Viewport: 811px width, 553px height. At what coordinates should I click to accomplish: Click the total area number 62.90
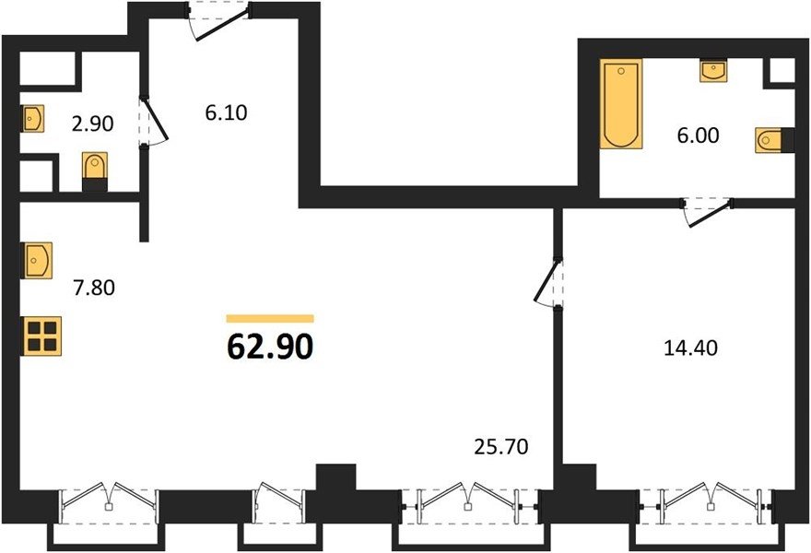click(270, 346)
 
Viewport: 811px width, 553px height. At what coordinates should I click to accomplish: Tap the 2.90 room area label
click(92, 124)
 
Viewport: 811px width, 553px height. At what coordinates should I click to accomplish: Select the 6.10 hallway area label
click(226, 112)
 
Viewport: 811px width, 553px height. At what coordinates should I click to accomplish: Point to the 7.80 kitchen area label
click(94, 288)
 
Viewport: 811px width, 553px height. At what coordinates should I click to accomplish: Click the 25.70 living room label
click(501, 446)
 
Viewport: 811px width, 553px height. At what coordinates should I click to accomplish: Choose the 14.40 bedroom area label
click(690, 348)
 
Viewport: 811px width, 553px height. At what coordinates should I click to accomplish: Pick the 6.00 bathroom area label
click(699, 135)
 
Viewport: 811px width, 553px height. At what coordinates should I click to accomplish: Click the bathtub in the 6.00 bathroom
click(621, 104)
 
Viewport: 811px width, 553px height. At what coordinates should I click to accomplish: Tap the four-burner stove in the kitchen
click(41, 336)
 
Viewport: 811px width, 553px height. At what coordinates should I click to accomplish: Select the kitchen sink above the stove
click(37, 261)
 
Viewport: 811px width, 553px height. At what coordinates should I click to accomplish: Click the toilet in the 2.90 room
click(95, 171)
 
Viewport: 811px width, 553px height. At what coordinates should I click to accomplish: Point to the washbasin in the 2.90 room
click(32, 119)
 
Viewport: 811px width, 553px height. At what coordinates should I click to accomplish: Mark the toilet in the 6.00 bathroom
click(774, 140)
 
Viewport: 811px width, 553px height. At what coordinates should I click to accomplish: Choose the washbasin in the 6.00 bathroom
click(713, 70)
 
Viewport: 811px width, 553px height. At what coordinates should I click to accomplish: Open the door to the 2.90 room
click(153, 121)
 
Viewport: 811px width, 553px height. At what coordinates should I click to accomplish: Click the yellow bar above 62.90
click(270, 319)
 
